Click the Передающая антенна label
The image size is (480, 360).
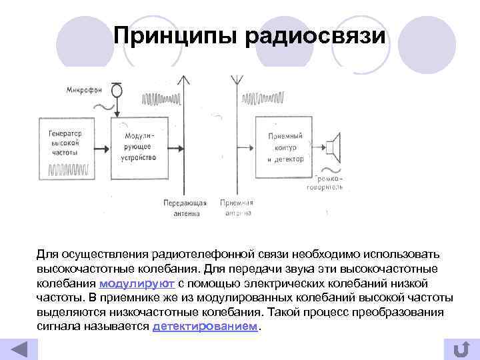[185, 208]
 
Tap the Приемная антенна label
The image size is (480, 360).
[236, 208]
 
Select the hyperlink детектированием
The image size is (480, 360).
[205, 327]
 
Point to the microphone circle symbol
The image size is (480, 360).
[117, 88]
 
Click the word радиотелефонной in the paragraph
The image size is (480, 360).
[198, 255]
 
